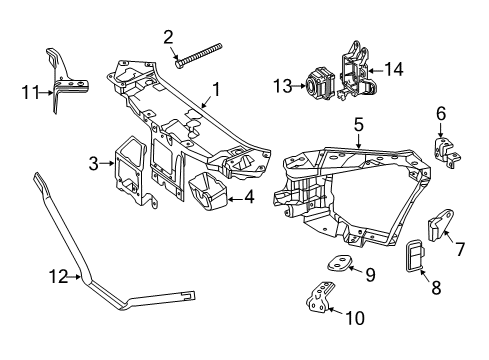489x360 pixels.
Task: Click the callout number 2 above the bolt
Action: pyautogui.click(x=168, y=37)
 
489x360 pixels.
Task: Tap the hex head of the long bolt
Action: pyautogui.click(x=178, y=64)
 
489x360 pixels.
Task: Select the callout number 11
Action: pyautogui.click(x=31, y=92)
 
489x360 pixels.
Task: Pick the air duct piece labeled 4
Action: pyautogui.click(x=208, y=191)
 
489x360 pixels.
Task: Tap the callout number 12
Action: pyautogui.click(x=59, y=277)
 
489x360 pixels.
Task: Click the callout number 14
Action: pyautogui.click(x=394, y=70)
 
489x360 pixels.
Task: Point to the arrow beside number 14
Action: pyautogui.click(x=375, y=71)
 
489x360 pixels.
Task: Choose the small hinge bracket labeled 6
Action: pyautogui.click(x=447, y=152)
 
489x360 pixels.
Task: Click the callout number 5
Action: pyautogui.click(x=359, y=125)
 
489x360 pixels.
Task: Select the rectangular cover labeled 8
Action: pyautogui.click(x=415, y=256)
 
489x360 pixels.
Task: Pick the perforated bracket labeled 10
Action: pyautogui.click(x=320, y=297)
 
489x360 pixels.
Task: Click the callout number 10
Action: pyautogui.click(x=355, y=318)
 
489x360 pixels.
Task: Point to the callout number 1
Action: pyautogui.click(x=217, y=89)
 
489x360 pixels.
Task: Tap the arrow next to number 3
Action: pyautogui.click(x=107, y=163)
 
